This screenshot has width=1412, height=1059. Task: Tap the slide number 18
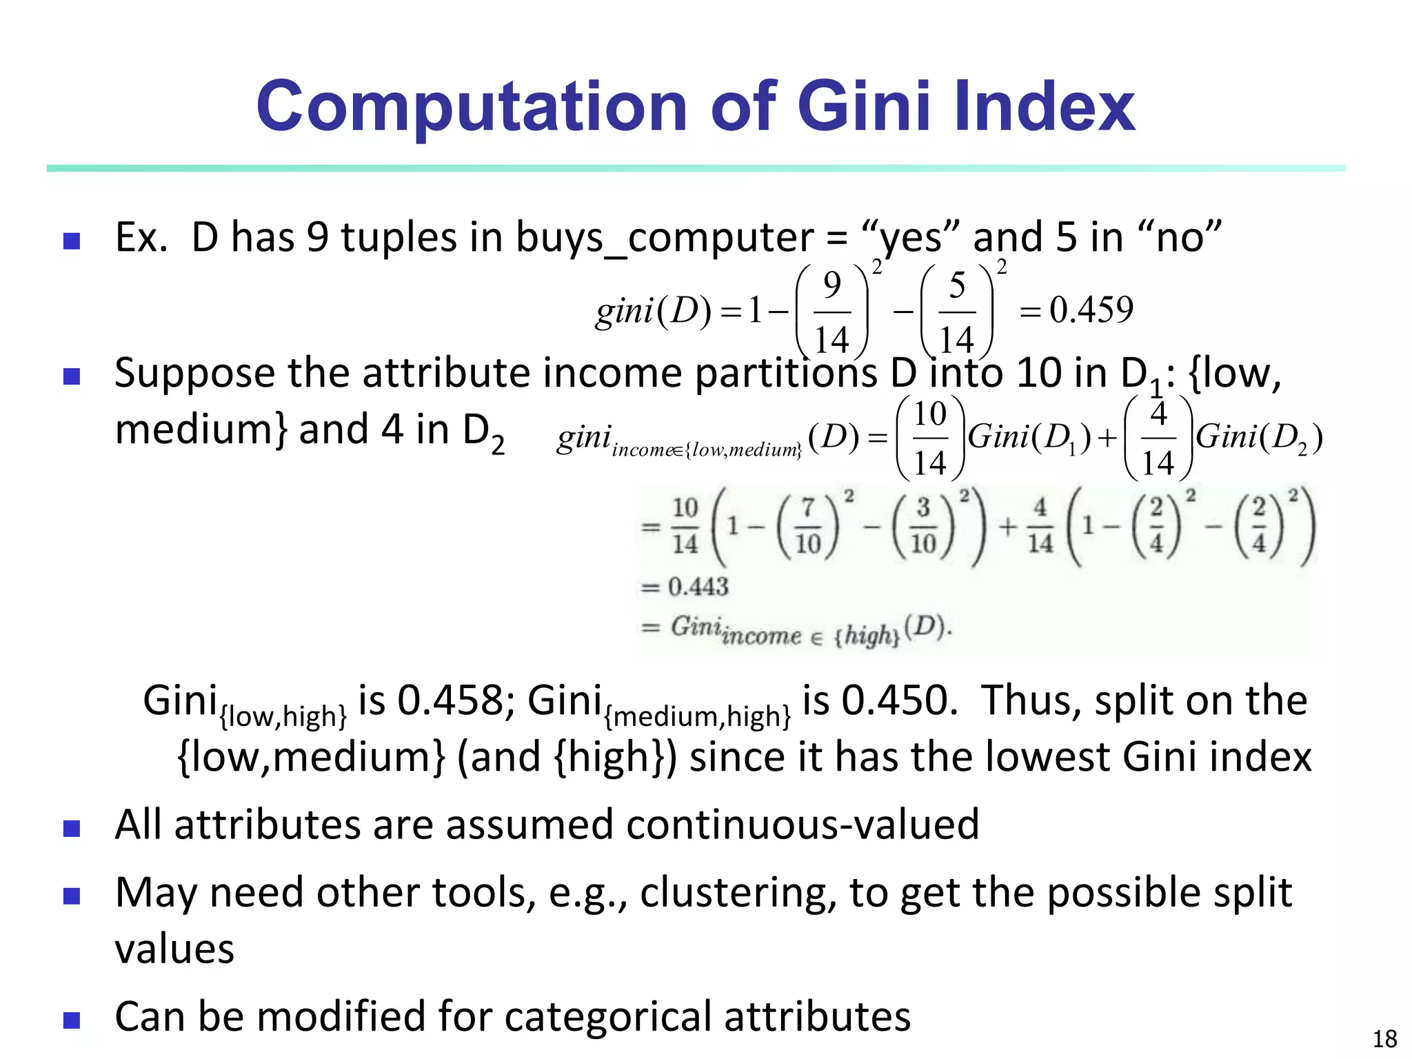(1384, 1038)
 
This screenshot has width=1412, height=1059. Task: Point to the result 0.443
(698, 587)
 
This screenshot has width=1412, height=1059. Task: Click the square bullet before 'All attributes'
(72, 828)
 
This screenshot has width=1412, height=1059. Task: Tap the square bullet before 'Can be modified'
(72, 1020)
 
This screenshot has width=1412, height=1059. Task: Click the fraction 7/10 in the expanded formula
(808, 527)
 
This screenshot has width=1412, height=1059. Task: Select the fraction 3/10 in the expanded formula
(923, 527)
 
